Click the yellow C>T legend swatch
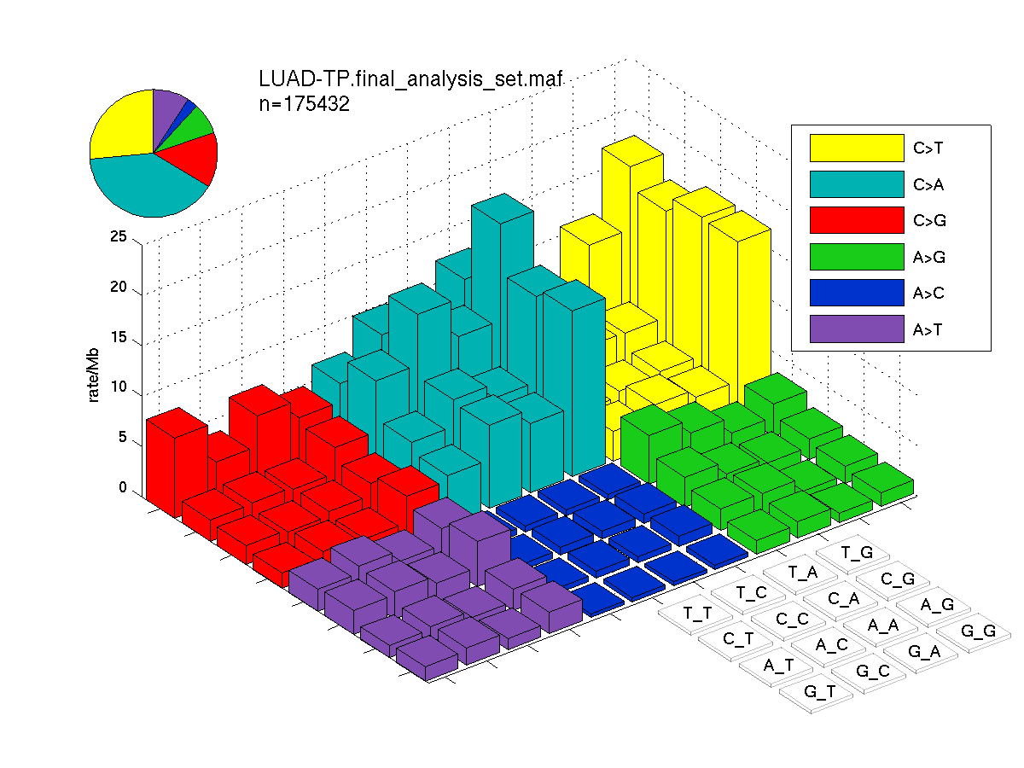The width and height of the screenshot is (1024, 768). click(857, 148)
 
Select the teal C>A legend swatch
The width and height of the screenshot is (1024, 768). click(857, 184)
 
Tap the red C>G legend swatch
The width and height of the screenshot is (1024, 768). click(857, 220)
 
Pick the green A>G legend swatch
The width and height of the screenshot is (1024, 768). click(857, 257)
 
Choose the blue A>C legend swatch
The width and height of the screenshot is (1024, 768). click(857, 293)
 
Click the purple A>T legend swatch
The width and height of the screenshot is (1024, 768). click(857, 329)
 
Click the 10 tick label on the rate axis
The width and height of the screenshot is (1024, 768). click(119, 387)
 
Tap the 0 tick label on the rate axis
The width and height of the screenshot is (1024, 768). click(123, 487)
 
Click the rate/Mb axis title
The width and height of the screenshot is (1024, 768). click(93, 375)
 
